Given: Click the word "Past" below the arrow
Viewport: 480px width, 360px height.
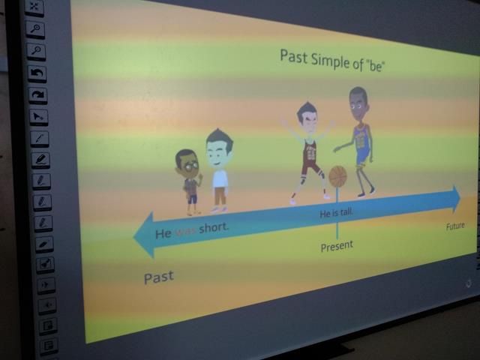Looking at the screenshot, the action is (158, 277).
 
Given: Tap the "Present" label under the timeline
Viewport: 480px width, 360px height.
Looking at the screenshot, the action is (337, 246).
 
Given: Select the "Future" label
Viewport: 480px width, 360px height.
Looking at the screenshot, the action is (455, 226).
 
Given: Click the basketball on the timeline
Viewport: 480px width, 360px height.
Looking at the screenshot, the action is (337, 176).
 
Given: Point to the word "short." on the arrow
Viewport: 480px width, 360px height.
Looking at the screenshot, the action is (214, 228).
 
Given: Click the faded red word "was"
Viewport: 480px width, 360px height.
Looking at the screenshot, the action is (186, 231).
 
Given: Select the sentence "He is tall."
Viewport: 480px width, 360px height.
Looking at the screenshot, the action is (337, 212).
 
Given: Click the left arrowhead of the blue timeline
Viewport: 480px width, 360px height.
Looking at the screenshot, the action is (143, 235).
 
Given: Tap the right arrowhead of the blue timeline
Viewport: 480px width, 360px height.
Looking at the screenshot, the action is (457, 199).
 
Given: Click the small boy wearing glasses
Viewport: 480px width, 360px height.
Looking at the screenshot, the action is (188, 181).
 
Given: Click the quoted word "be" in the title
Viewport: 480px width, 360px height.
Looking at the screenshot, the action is (375, 65).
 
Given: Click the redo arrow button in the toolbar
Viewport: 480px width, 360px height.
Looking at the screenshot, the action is (38, 95).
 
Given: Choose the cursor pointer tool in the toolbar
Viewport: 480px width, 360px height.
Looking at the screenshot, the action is (39, 117).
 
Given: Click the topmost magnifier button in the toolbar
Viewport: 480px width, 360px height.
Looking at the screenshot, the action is (35, 29).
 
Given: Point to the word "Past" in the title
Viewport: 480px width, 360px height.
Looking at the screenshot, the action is (293, 57).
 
